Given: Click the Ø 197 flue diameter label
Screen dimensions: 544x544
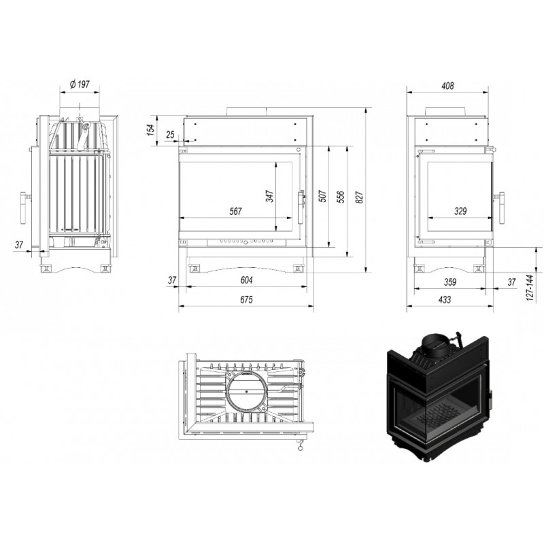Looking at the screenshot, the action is [x=80, y=84].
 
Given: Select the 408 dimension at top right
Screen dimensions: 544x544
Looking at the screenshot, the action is [x=448, y=86].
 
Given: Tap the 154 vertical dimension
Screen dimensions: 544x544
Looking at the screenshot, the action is [x=150, y=129].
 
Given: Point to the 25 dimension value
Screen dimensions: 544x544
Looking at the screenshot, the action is [x=171, y=135].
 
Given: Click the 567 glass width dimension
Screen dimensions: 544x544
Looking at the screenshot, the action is [x=235, y=211].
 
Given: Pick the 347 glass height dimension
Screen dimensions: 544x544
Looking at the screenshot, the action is [x=270, y=196].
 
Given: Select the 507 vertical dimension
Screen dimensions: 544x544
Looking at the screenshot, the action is [x=322, y=197].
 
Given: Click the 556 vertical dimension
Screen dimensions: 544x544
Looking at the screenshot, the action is [x=341, y=197].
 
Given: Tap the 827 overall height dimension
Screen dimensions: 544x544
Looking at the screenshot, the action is [x=360, y=197].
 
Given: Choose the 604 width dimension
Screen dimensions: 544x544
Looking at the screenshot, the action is [x=247, y=279].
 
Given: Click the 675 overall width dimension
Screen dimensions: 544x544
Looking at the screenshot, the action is [x=247, y=299].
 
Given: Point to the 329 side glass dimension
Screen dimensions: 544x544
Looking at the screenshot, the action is [x=460, y=211].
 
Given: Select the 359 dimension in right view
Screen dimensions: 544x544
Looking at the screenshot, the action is [x=450, y=282].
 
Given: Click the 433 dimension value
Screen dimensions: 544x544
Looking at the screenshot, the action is [x=445, y=299].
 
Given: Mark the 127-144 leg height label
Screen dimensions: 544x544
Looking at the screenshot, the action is [x=529, y=288].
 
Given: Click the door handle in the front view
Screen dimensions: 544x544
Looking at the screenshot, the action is [x=301, y=207].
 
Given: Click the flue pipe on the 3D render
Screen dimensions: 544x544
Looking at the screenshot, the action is [x=435, y=344].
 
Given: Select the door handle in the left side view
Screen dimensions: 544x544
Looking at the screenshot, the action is [x=24, y=208].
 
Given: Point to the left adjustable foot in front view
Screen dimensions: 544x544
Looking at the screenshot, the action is [x=194, y=269].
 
